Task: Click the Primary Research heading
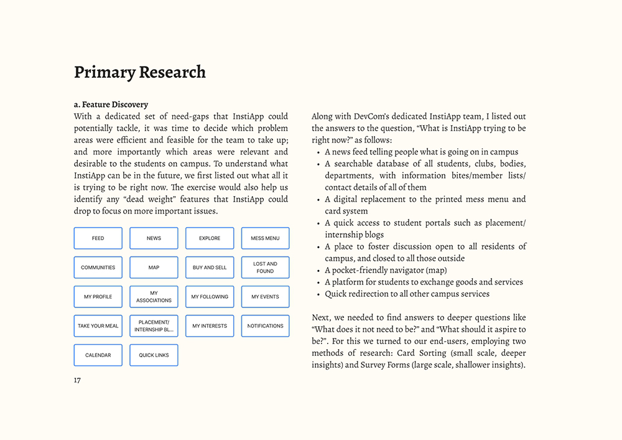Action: [x=139, y=72]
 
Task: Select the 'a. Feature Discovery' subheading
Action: [x=111, y=105]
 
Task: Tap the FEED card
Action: [x=98, y=238]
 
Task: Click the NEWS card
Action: [x=154, y=238]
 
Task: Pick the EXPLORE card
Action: [x=210, y=238]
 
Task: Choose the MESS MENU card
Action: [x=265, y=238]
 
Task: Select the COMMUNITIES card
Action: [x=98, y=268]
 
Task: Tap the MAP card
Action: [x=154, y=268]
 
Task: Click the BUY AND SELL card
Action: [x=210, y=268]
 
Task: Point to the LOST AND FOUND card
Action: [x=265, y=268]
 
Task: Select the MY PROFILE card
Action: [x=98, y=297]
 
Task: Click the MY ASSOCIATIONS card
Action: [x=154, y=297]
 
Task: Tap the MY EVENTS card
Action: [x=265, y=297]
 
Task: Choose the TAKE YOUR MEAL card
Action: [x=98, y=326]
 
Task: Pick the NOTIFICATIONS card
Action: [x=265, y=326]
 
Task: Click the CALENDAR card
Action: [x=98, y=355]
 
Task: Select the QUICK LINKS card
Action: [x=154, y=355]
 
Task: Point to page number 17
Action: [x=77, y=380]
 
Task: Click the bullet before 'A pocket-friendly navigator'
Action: [x=318, y=271]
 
